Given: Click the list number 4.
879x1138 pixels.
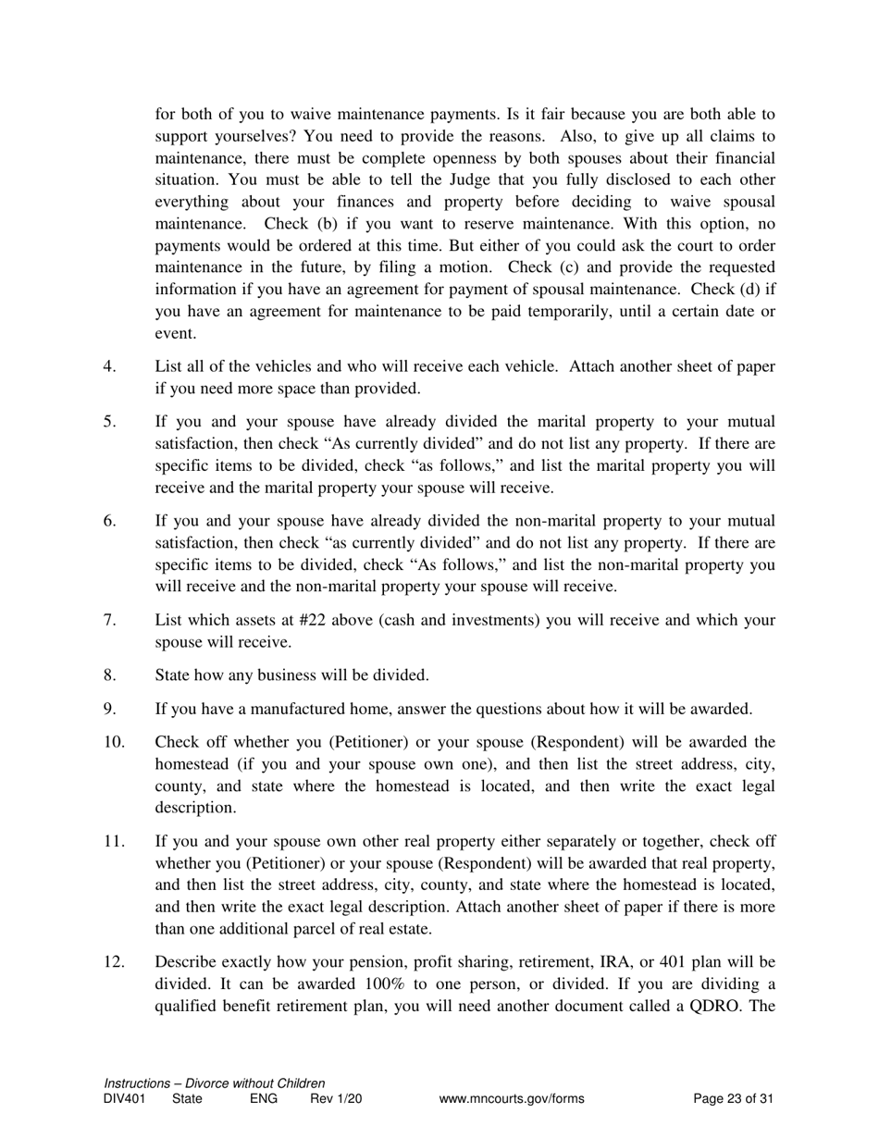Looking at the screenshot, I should coord(109,366).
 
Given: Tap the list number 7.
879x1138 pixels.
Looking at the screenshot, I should coord(109,620).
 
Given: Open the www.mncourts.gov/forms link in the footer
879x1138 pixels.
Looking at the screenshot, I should coord(512,1099).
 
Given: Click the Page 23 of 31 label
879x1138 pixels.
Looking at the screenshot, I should coord(733,1099).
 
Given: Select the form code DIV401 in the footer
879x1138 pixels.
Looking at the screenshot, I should coord(125,1099).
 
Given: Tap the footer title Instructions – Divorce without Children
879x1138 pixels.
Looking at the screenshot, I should coord(215,1083).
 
